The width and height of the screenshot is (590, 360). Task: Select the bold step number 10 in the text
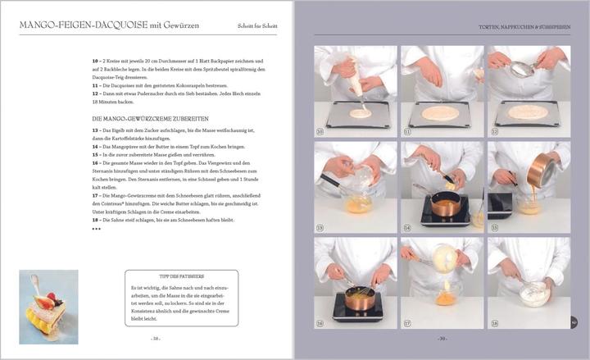(x=95, y=62)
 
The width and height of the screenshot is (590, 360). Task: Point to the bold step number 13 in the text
(x=95, y=131)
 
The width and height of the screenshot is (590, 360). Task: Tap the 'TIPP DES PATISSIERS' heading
(x=181, y=277)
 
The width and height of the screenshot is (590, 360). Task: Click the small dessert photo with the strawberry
(x=48, y=305)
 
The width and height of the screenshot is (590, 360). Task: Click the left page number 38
(x=155, y=336)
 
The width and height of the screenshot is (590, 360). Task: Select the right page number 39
(x=442, y=336)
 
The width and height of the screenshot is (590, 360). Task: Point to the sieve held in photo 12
(x=522, y=71)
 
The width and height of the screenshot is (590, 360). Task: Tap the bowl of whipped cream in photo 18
(x=534, y=291)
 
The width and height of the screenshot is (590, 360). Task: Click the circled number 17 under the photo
(x=407, y=324)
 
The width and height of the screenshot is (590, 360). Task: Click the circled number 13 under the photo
(x=320, y=227)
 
